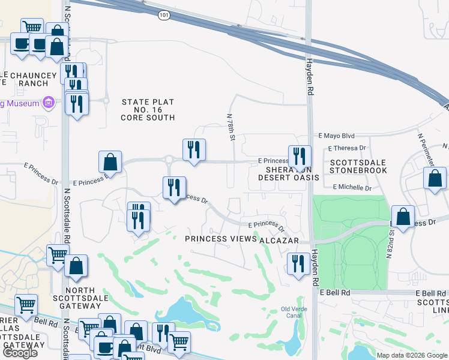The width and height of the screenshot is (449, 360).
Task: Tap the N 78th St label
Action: click(x=231, y=127)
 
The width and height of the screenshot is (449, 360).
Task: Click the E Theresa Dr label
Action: click(x=347, y=148)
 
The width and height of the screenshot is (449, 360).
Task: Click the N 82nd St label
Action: click(x=390, y=247)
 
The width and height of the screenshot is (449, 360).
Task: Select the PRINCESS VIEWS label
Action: click(x=220, y=239)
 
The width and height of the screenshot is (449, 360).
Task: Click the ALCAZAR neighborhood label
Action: click(x=279, y=239)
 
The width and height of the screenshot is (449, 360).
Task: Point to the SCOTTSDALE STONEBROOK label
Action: click(x=358, y=166)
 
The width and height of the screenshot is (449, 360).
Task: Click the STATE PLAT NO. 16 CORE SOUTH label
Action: click(x=148, y=110)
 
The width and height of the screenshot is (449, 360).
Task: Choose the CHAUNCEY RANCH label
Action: click(x=29, y=79)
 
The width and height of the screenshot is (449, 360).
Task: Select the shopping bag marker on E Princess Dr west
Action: click(x=110, y=162)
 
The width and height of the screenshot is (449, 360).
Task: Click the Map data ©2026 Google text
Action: click(x=412, y=355)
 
